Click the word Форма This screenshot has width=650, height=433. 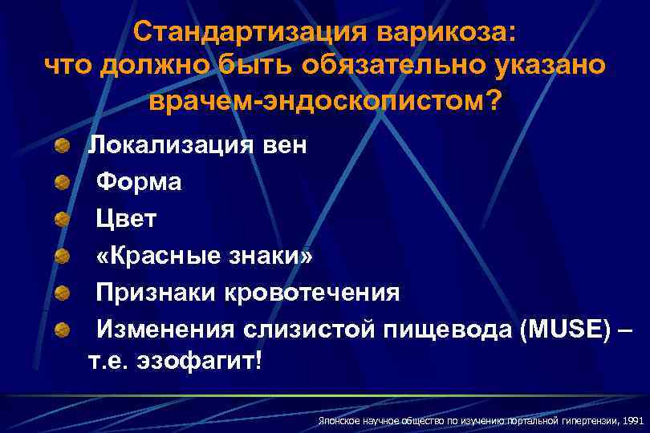139,183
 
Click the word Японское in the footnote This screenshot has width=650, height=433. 335,419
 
